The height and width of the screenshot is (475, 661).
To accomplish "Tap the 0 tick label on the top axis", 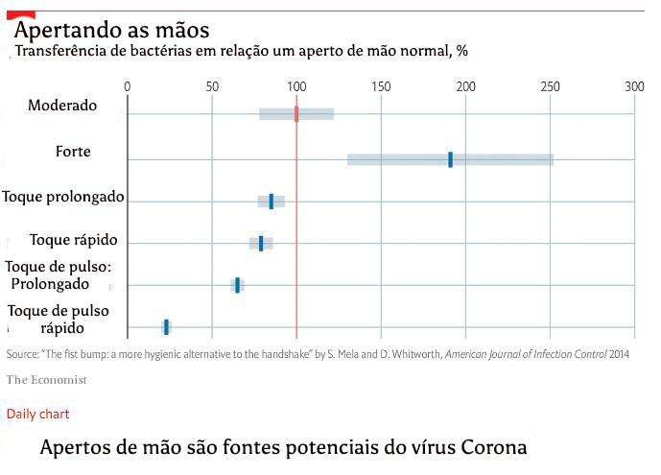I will click(128, 86).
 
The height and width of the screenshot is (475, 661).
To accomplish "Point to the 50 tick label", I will click(212, 86).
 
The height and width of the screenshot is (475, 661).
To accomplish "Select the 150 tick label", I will click(381, 86).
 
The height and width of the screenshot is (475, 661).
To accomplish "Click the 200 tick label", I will click(466, 86).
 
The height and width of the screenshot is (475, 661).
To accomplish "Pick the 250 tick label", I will click(551, 86).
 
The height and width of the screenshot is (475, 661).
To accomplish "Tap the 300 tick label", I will click(634, 86).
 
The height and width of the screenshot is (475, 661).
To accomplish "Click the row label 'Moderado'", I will click(62, 105).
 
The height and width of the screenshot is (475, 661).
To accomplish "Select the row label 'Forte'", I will click(74, 151).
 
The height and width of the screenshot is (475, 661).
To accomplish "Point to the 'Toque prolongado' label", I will click(63, 196).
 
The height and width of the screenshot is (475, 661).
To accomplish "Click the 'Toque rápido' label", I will click(73, 239).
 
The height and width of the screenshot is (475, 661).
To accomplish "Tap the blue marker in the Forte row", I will click(450, 159).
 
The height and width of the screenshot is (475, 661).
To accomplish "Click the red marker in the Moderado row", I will click(296, 114).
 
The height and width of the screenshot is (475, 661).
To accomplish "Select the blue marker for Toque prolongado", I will click(271, 202).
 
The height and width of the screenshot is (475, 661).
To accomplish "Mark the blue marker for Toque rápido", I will click(261, 244).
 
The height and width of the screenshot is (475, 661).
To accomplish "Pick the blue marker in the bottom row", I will click(166, 327).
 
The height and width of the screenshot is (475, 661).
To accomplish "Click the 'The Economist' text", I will click(46, 380).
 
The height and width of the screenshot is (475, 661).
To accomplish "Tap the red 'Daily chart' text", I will click(37, 414).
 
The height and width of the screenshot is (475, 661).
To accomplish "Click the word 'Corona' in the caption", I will click(489, 448).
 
